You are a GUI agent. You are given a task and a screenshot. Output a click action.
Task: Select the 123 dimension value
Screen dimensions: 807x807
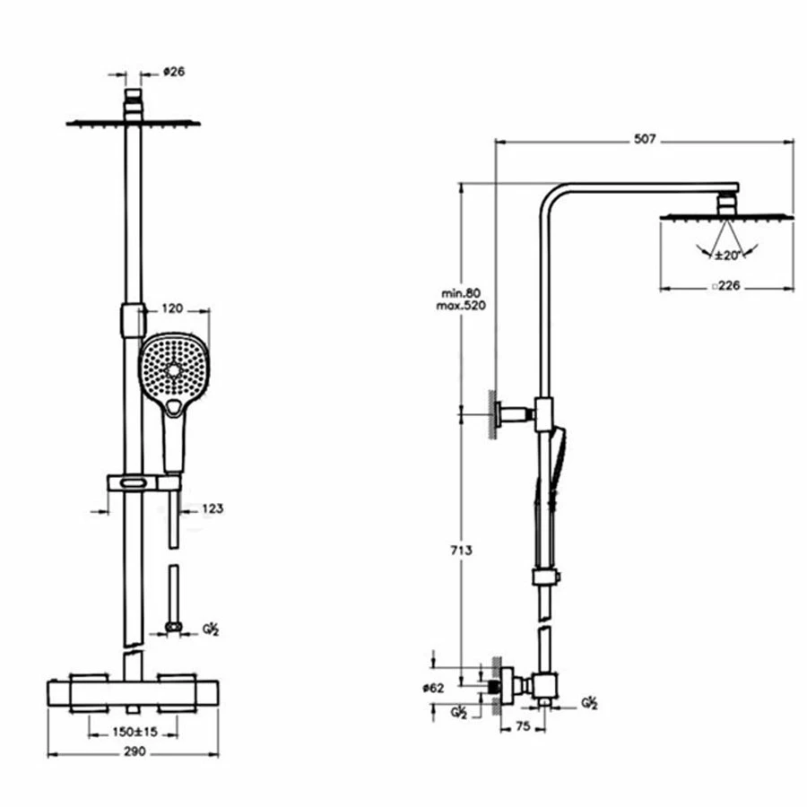coord(213,508)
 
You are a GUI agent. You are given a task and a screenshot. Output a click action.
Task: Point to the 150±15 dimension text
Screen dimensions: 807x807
coord(135,732)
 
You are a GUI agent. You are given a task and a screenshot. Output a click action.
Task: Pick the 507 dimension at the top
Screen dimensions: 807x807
coord(645,139)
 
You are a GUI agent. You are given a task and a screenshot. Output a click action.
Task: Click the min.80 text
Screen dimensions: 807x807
coord(462,293)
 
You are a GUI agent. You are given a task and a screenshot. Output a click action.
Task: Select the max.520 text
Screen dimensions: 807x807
coord(462,307)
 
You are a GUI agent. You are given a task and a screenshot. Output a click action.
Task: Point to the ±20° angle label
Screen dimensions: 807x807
coord(726,256)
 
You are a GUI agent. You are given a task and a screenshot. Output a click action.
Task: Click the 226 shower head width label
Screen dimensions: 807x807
coord(728,287)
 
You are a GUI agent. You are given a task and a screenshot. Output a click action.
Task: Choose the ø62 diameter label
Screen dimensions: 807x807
coord(434,688)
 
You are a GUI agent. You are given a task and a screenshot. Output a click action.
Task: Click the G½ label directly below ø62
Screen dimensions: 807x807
coord(458,713)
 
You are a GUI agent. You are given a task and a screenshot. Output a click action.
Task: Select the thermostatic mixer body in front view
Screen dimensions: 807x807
coord(133,695)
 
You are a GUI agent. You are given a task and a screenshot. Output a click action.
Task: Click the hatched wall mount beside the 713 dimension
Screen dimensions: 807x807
coord(492,413)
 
